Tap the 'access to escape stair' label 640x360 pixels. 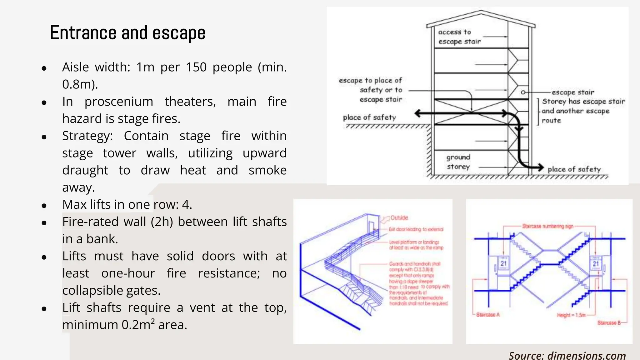point(459,37)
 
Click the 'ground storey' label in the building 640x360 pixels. point(458,162)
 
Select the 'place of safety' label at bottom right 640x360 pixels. point(574,169)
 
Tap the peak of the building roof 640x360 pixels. point(481,12)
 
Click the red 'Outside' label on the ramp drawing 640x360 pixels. point(399,218)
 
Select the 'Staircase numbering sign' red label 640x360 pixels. point(547,226)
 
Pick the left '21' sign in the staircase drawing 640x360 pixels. point(503,264)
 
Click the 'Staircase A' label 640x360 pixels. point(488,315)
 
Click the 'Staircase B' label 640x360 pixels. point(609,323)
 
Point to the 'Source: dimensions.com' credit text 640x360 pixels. point(567,356)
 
